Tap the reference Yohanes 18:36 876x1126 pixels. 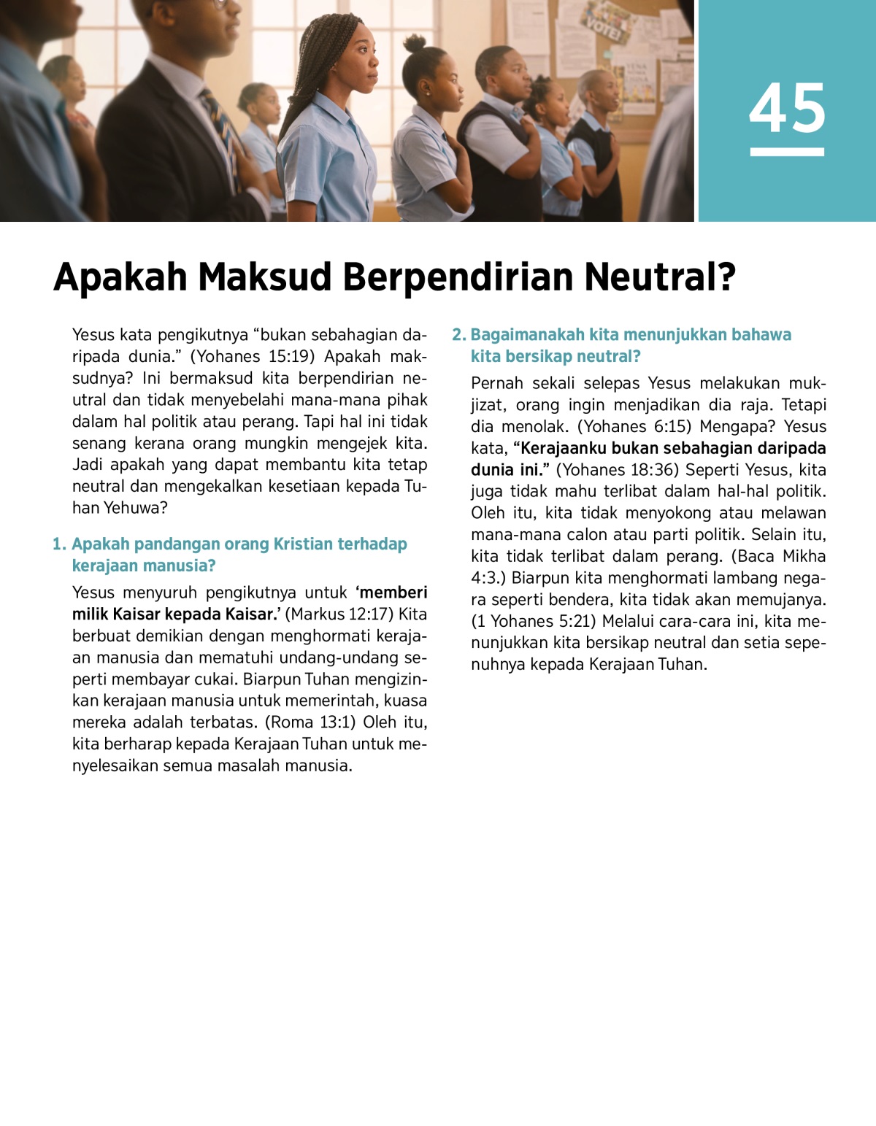click(x=616, y=470)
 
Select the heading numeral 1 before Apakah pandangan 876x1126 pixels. click(x=58, y=544)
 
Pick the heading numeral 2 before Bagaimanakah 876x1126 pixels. click(x=458, y=335)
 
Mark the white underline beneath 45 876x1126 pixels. click(x=787, y=152)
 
